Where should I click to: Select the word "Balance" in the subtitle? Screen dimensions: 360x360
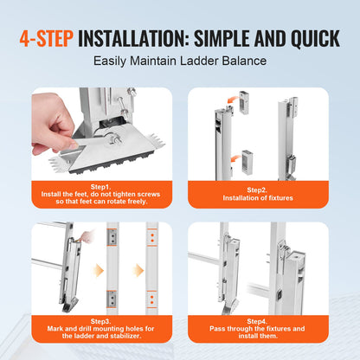(x=239, y=61)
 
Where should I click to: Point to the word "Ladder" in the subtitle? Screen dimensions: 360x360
(x=195, y=61)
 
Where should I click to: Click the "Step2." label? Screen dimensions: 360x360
(x=260, y=189)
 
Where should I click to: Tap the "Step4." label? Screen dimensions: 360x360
(x=260, y=322)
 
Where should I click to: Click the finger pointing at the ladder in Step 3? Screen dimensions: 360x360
(x=78, y=238)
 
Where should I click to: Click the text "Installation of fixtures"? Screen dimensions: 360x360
(x=260, y=199)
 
